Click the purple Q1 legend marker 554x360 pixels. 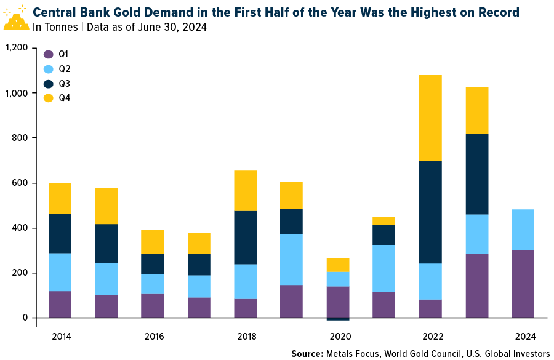click(x=49, y=54)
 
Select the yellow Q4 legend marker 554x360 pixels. click(x=49, y=97)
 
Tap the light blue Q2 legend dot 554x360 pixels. click(x=49, y=68)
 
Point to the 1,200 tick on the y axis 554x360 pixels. click(x=16, y=48)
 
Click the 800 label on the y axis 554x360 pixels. click(x=21, y=138)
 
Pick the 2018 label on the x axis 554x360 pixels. click(x=246, y=337)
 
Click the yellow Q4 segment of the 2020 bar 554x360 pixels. click(x=338, y=265)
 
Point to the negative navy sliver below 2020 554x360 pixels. click(x=338, y=319)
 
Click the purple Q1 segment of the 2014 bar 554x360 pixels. click(x=60, y=305)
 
